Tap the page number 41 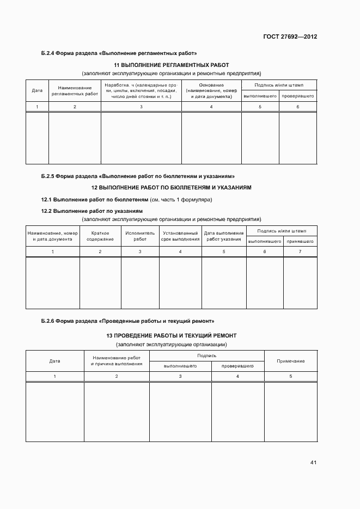coord(313,463)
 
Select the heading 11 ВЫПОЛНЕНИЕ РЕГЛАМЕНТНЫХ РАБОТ coord(171,65)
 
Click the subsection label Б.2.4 coord(48,53)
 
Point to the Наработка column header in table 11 coord(141,90)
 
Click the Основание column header coord(211,90)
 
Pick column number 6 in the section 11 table coord(297,107)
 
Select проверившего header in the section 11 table coord(297,96)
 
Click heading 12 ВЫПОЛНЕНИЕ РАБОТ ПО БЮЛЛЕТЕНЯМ coord(171,187)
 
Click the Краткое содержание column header coord(100,236)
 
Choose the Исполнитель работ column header coord(140,236)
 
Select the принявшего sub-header coord(300,241)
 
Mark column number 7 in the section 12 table coord(300,252)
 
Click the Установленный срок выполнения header coord(180,236)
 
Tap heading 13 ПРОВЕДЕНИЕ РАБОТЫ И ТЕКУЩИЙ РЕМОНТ coord(171,335)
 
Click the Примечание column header coord(290,361)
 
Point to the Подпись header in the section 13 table coord(207,355)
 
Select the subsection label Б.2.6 coord(48,321)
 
